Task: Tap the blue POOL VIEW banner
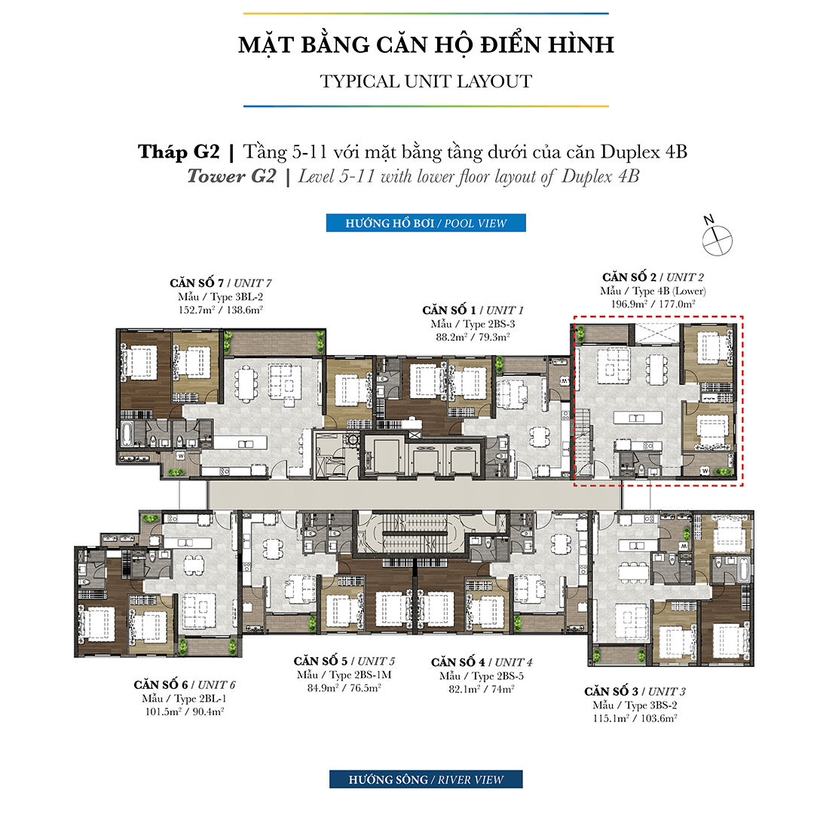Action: coord(426,223)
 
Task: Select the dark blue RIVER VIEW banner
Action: coord(426,779)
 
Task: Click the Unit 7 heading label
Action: coord(221,283)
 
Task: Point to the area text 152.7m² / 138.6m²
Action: coord(221,310)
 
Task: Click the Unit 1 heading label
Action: coord(473,310)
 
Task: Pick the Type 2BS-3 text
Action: coord(473,324)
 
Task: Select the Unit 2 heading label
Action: coord(653,277)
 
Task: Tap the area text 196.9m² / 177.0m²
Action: coord(653,304)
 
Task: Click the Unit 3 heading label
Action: coord(635,691)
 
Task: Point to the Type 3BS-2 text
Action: coord(635,705)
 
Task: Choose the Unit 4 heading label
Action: coord(482,663)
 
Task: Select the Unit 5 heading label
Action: coord(344,662)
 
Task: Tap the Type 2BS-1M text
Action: coord(344,675)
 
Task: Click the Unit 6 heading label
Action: coord(185,684)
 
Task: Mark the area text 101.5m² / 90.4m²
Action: coord(185,711)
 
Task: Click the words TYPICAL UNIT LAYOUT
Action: coord(426,81)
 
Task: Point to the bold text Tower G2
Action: coord(231,176)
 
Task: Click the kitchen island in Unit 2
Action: coord(638,418)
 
